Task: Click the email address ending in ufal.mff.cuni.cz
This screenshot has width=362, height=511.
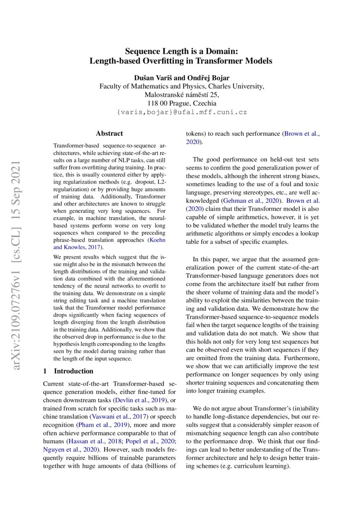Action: click(x=181, y=112)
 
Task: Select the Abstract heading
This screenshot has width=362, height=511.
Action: click(x=109, y=133)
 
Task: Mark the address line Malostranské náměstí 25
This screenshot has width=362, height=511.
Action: click(x=181, y=94)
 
